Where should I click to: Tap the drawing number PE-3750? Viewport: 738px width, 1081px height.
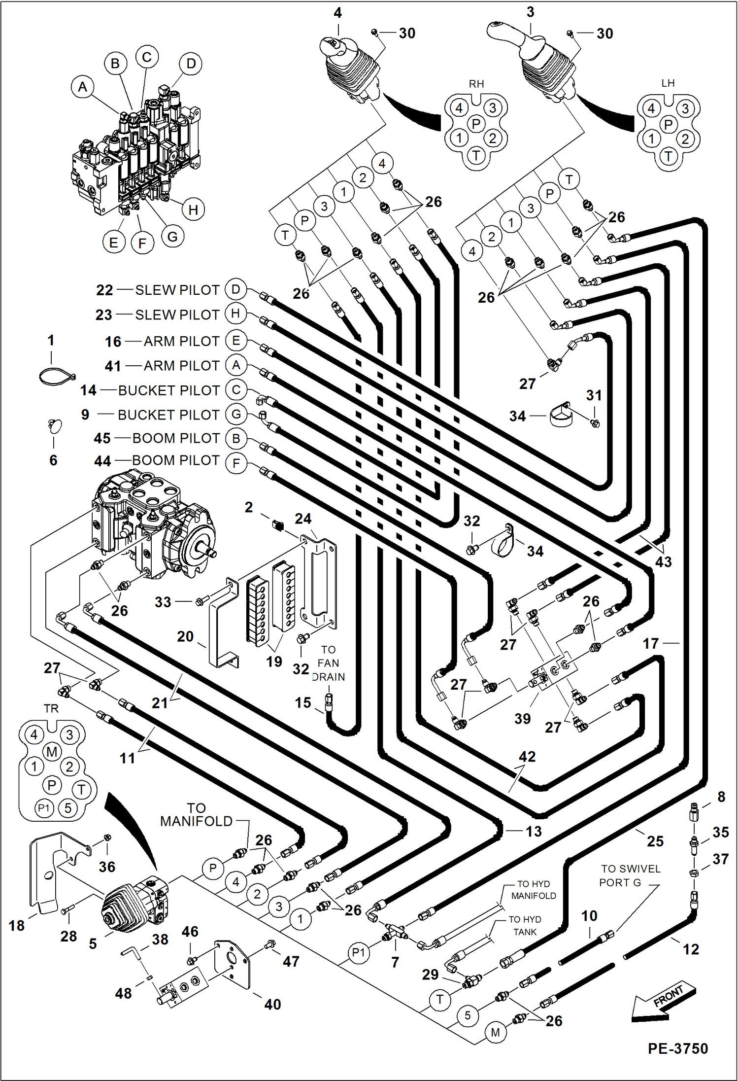click(677, 1048)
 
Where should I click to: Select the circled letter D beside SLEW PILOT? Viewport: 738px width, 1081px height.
click(236, 289)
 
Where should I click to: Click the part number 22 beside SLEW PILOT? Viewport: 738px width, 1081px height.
click(104, 290)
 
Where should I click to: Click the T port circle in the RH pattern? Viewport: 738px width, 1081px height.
click(476, 156)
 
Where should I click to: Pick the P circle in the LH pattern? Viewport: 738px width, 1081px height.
click(668, 125)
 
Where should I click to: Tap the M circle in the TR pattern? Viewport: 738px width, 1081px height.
click(52, 752)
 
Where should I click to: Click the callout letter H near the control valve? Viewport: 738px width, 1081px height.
click(193, 209)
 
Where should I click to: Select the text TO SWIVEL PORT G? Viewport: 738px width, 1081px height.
click(630, 875)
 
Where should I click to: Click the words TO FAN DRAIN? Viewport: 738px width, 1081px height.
click(328, 663)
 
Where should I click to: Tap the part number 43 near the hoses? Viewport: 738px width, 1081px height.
click(663, 561)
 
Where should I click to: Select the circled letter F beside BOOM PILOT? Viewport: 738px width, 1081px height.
click(236, 463)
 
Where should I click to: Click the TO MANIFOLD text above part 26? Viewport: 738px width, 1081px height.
click(196, 815)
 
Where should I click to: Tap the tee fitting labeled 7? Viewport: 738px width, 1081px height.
click(395, 933)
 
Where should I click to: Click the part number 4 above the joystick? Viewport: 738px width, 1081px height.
click(337, 12)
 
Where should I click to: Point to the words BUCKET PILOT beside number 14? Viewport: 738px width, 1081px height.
click(169, 390)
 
